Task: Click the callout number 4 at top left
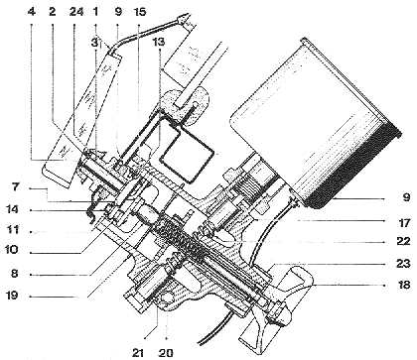[x=32, y=12]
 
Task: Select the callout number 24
[x=77, y=12]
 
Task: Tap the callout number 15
[x=138, y=12]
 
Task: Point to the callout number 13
[x=159, y=42]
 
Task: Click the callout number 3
[x=95, y=42]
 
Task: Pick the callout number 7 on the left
[x=17, y=188]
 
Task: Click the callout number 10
[x=12, y=250]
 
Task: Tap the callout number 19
[x=13, y=296]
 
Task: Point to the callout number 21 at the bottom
[x=138, y=352]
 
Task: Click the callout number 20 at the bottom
[x=165, y=352]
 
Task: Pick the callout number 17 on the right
[x=403, y=222]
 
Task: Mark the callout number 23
[x=402, y=263]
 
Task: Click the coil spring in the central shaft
[x=181, y=239]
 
